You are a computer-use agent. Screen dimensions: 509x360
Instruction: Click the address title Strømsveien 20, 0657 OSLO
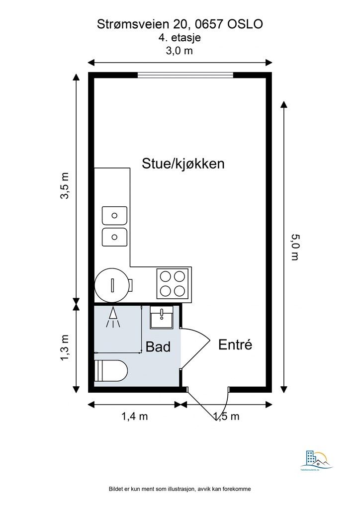tap(180, 24)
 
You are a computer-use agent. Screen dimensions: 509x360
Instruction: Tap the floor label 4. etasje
tap(180, 37)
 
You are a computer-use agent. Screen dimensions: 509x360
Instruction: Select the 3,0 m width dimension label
tap(180, 51)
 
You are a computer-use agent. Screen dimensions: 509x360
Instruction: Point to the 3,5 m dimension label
tap(65, 186)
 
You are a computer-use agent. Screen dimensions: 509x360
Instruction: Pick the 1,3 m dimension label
tap(65, 347)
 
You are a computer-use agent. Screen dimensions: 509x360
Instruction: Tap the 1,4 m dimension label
tap(134, 417)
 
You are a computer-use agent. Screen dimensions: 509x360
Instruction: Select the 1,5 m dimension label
tap(226, 417)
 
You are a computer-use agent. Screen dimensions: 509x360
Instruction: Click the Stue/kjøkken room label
tap(183, 164)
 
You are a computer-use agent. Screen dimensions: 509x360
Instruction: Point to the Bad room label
tap(158, 346)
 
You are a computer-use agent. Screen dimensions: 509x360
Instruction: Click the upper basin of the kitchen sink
tap(114, 216)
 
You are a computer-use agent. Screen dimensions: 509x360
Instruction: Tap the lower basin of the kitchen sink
tap(114, 237)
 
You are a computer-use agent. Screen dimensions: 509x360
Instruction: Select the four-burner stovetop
tap(173, 283)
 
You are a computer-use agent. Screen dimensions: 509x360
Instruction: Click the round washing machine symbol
tap(113, 285)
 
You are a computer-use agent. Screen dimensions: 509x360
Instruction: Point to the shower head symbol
tap(114, 317)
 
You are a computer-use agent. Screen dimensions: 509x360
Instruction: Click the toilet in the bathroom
tap(111, 370)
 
